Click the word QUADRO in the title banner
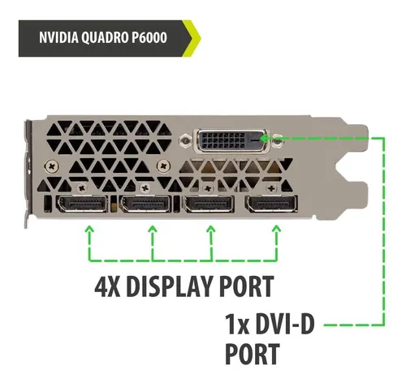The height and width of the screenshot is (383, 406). pyautogui.click(x=104, y=37)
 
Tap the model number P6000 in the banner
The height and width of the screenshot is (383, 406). pyautogui.click(x=149, y=37)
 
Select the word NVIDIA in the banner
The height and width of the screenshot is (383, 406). pyautogui.click(x=58, y=37)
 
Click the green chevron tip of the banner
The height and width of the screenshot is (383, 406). pyautogui.click(x=200, y=38)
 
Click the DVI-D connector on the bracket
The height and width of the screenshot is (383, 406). pyautogui.click(x=230, y=140)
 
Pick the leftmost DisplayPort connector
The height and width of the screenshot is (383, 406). pyautogui.click(x=81, y=204)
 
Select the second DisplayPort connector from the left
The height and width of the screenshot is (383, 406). pyautogui.click(x=145, y=204)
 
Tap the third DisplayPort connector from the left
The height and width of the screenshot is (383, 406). pyautogui.click(x=209, y=204)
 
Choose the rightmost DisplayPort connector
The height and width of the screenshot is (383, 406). pyautogui.click(x=271, y=204)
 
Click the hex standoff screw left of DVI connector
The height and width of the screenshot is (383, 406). pyautogui.click(x=185, y=140)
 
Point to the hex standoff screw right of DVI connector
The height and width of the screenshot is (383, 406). pyautogui.click(x=277, y=140)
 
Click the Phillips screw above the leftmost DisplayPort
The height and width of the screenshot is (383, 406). pyautogui.click(x=82, y=187)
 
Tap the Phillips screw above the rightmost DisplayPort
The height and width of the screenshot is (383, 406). pyautogui.click(x=271, y=187)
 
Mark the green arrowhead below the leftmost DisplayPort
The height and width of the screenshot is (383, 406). pyautogui.click(x=89, y=230)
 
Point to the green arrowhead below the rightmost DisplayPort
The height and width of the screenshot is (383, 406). pyautogui.click(x=276, y=230)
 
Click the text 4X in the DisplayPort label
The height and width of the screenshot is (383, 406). pyautogui.click(x=107, y=286)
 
